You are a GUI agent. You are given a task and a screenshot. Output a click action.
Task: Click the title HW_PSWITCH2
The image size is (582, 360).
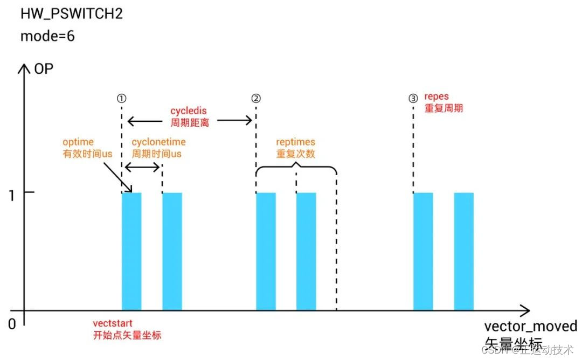coord(72,13)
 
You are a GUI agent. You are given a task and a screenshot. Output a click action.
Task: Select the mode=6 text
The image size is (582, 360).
coord(47,37)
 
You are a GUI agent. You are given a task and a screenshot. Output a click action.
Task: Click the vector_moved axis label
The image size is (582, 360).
coord(530,327)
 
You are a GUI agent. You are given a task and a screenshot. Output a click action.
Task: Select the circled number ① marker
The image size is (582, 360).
coord(122,99)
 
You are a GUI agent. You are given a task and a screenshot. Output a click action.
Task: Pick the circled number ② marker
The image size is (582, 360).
coord(256,99)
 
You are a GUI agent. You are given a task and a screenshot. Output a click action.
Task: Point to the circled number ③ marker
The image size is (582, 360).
coord(413,99)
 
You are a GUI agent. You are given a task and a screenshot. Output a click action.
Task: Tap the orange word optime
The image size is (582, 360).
coord(78,142)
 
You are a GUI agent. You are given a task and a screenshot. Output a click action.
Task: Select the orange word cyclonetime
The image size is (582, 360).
coord(159,142)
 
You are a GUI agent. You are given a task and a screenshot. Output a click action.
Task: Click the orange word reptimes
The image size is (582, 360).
coord(296,142)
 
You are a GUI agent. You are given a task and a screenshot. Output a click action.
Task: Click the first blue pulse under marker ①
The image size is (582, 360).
coord(131,251)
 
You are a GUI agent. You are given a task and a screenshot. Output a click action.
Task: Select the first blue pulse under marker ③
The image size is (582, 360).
coord(423,251)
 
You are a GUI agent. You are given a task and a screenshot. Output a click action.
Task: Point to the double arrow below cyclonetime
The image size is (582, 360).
coord(142,168)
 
